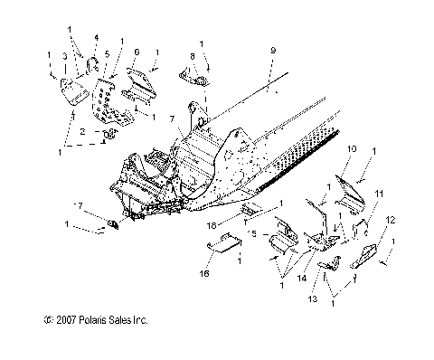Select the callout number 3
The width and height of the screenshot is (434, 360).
click(65, 56)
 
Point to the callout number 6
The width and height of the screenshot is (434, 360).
click(137, 52)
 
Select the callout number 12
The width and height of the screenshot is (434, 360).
click(391, 245)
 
